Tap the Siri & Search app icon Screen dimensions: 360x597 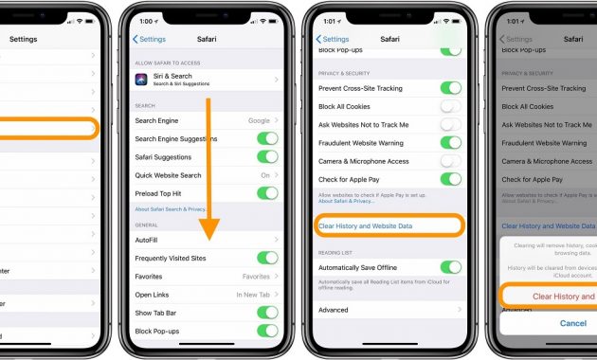pos(142,79)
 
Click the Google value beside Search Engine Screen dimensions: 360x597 pos(259,121)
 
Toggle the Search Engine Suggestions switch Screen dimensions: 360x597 pos(268,139)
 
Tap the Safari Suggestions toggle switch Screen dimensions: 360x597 pos(268,157)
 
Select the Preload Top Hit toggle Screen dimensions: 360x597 pos(268,193)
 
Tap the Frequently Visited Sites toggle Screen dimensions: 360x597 pos(268,258)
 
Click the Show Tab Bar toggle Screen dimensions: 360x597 pos(268,313)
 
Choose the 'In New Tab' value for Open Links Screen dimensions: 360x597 pos(253,295)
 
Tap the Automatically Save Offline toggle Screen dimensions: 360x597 pos(451,268)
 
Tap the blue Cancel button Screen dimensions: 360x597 pos(572,323)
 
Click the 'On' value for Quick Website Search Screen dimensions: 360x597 pos(265,175)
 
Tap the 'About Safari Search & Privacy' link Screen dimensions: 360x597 pos(171,208)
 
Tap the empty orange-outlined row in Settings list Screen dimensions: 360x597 pos(47,128)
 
